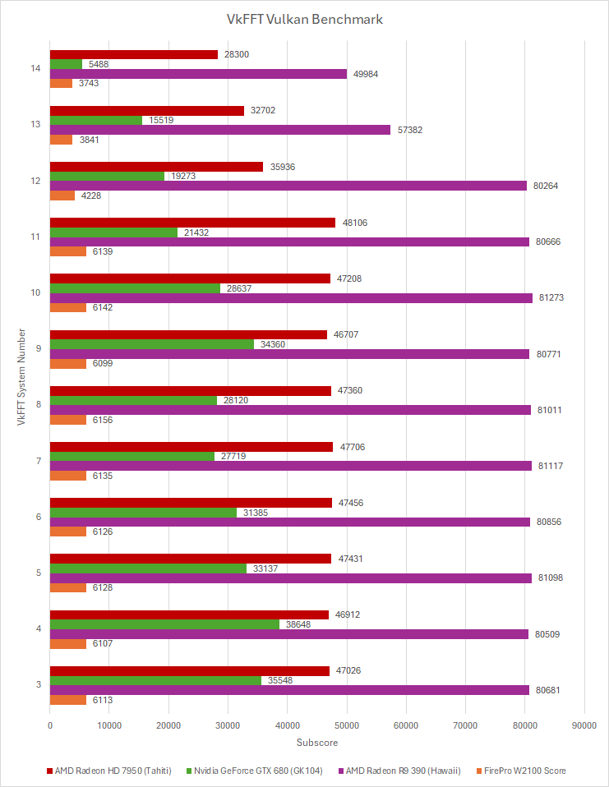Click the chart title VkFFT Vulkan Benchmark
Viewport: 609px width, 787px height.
304,19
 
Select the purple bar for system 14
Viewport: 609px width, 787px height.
198,74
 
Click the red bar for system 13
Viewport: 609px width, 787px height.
147,110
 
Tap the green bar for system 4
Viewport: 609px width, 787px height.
164,624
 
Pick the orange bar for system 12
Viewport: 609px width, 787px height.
62,196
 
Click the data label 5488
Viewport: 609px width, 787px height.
97,64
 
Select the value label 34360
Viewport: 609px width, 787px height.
272,344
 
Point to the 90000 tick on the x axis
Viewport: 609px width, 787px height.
584,725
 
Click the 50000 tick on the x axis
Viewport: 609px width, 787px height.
347,725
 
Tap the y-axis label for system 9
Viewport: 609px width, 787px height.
38,349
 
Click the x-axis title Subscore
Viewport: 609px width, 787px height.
316,743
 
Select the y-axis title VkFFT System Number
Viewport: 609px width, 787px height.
21,377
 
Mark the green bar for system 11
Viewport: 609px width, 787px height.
113,232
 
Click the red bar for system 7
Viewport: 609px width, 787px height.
191,447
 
